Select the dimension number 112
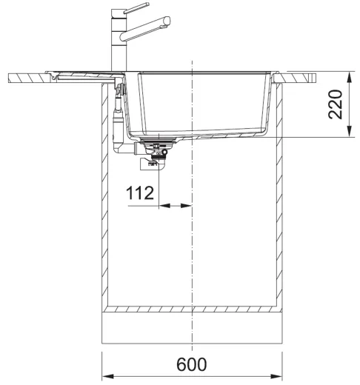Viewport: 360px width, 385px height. coord(139,193)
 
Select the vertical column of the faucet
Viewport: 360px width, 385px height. coord(117,44)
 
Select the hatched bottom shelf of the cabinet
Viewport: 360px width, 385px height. coord(192,308)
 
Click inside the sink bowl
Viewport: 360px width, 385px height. coord(200,104)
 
